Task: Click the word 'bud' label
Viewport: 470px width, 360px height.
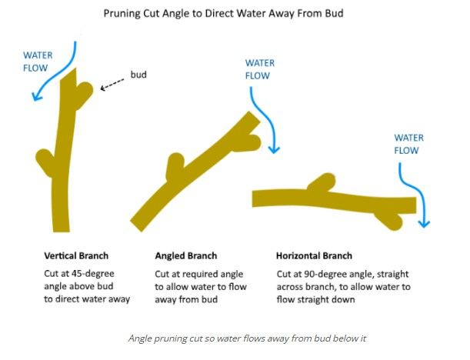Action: click(138, 75)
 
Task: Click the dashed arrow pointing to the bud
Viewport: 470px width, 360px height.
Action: click(115, 82)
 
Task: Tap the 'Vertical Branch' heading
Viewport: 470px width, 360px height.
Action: click(76, 255)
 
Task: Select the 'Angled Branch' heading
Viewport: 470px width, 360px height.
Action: click(185, 255)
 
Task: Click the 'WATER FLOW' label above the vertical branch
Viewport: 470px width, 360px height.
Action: click(38, 62)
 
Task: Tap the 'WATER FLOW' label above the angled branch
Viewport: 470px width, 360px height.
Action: click(259, 69)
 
